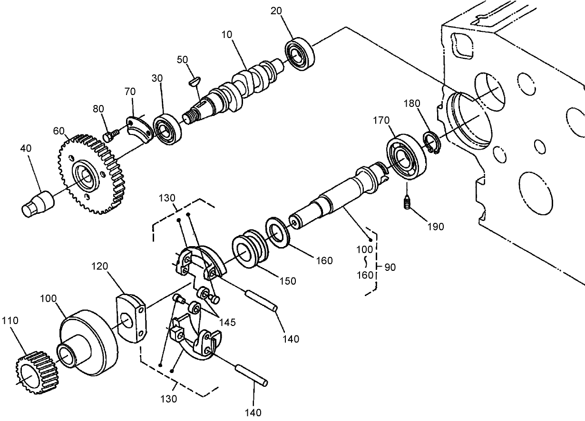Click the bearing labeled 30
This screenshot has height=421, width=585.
click(x=168, y=130)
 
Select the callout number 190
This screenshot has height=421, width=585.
click(x=435, y=227)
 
